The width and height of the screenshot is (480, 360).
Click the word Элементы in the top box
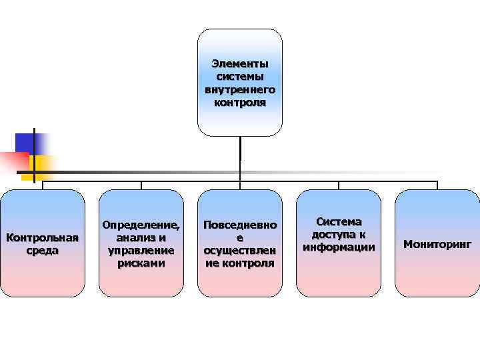click(240, 64)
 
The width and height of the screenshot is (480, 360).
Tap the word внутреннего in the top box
click(240, 90)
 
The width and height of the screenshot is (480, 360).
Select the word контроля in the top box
click(240, 103)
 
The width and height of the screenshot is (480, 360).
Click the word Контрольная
click(42, 238)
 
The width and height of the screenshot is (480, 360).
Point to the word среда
click(42, 251)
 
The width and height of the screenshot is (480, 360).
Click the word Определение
click(141, 225)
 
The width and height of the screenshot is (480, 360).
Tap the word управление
click(141, 251)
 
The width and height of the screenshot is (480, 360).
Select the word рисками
click(141, 263)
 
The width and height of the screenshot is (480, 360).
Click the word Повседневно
click(240, 225)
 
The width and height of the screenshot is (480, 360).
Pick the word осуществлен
click(240, 251)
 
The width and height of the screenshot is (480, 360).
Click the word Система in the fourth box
click(339, 221)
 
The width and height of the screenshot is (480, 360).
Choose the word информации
click(339, 247)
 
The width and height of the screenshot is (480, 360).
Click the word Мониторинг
click(437, 244)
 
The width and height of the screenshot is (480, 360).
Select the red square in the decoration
click(13, 161)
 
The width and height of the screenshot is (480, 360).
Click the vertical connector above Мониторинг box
click(437, 185)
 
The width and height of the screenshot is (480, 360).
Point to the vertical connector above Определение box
click(141, 185)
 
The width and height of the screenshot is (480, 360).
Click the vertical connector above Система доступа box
click(339, 185)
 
